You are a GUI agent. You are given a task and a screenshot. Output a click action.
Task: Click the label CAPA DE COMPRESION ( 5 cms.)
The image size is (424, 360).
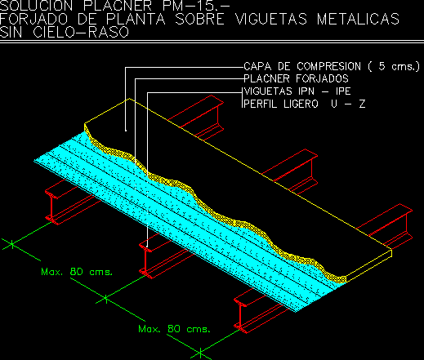coord(332,66)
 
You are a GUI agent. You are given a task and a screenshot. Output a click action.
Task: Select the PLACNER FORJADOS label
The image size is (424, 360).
coord(296,78)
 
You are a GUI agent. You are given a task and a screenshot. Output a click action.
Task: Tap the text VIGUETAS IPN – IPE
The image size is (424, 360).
coord(297,91)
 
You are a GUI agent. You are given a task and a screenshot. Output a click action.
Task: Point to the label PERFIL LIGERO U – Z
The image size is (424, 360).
coord(304,104)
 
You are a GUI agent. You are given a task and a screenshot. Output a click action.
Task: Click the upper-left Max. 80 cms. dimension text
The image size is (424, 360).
coord(77,272)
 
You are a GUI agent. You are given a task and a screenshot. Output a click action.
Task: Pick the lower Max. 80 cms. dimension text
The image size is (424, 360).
coord(174,329)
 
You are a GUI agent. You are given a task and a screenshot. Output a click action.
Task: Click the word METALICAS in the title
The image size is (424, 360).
coord(358,19)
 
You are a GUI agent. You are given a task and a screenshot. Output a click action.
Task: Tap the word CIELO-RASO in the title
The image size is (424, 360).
coord(81,32)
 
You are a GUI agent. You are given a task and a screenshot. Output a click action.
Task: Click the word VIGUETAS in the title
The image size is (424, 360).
coord(271,19)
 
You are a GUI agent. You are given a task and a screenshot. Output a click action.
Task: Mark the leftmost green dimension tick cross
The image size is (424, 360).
coord(12,244)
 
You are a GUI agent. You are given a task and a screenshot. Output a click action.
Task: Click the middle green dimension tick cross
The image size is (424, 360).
coord(105,299)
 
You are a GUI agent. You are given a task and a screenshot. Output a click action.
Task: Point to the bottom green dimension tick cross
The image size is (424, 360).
coord(200,353)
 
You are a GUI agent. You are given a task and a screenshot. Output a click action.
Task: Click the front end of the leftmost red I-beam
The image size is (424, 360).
coord(51,207)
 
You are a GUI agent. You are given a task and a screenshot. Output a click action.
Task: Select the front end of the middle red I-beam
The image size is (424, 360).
coord(145,261)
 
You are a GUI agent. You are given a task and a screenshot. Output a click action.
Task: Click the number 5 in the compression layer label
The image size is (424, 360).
coord(382,66)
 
